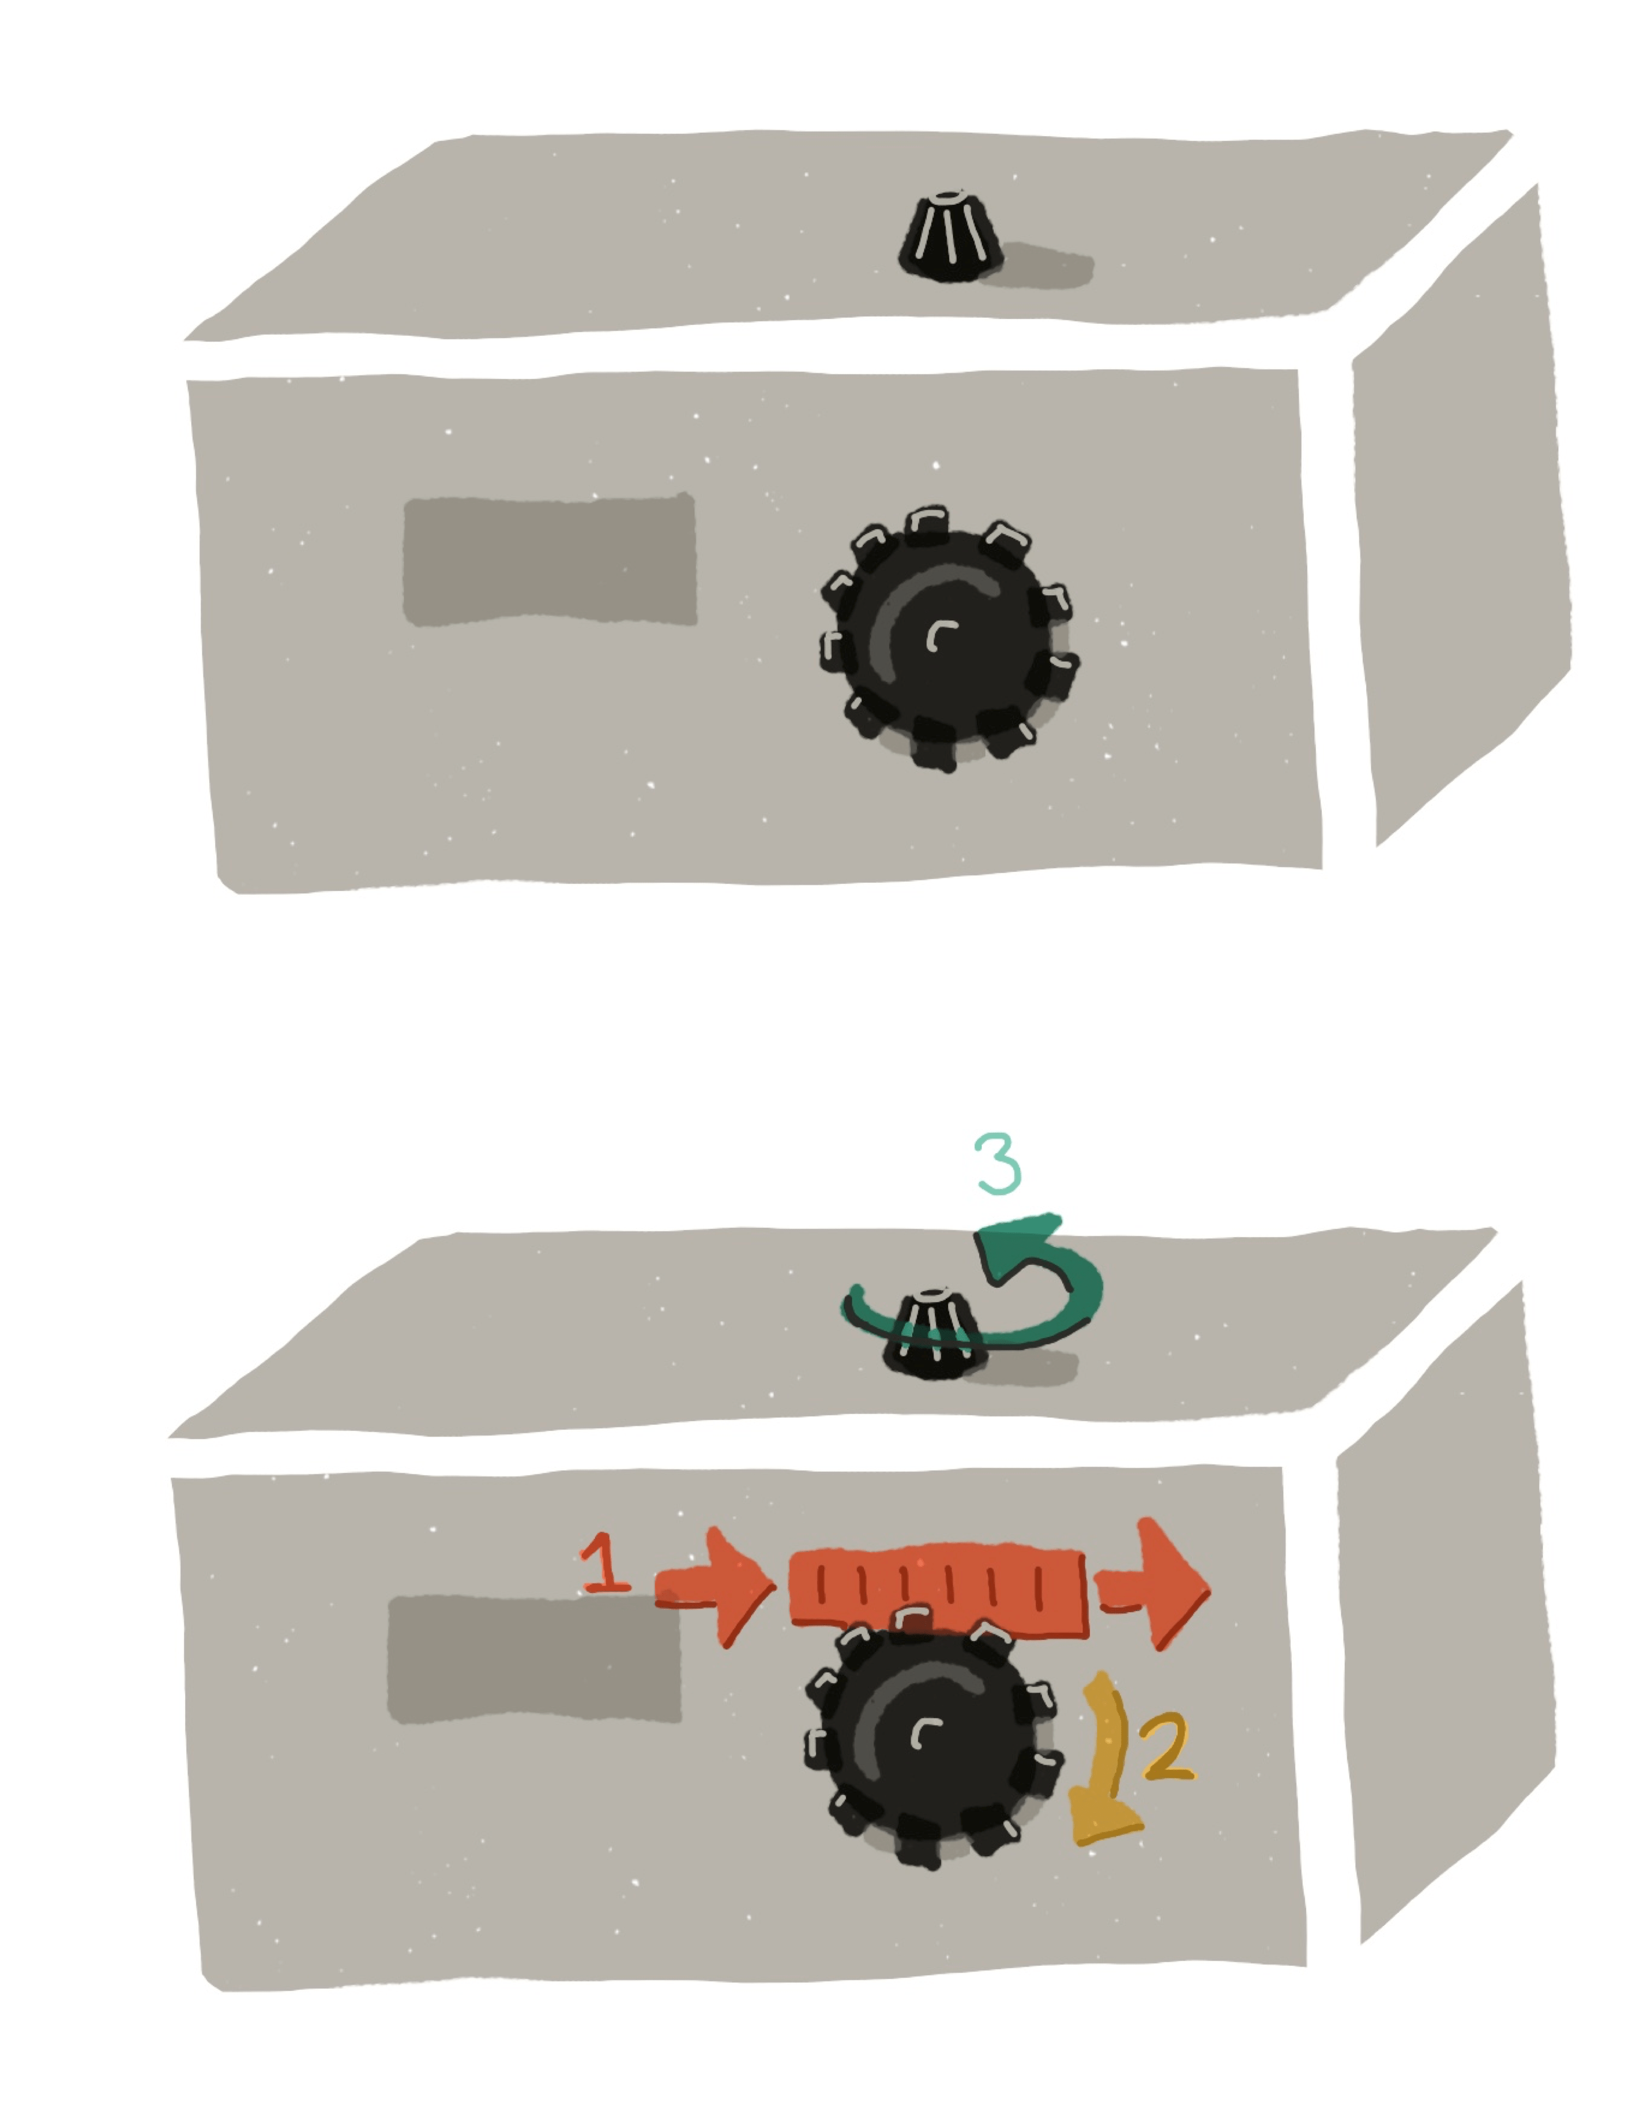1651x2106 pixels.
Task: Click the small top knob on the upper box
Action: (950, 238)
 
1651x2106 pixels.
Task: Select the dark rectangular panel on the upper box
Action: (549, 561)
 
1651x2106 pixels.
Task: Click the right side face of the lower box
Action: (1445, 1615)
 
